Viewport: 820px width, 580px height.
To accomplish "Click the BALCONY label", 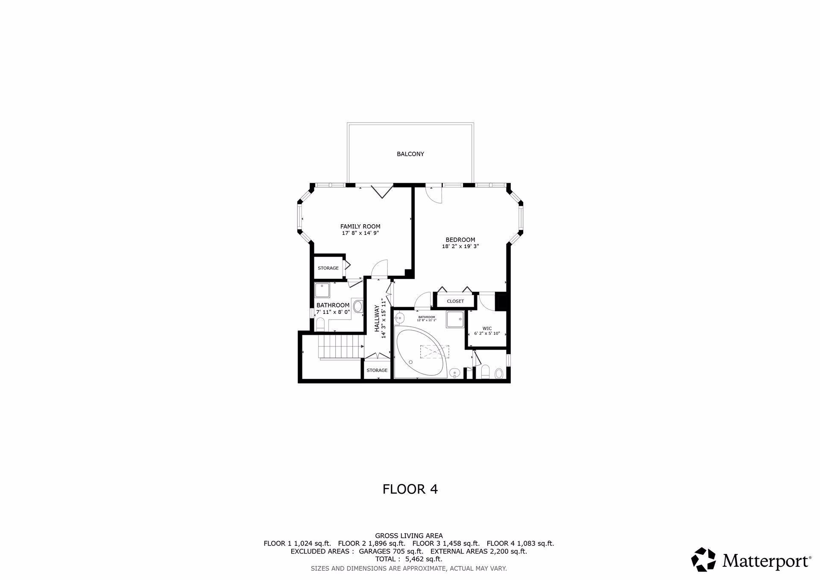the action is point(410,154).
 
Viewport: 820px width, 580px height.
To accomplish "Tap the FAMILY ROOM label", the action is point(360,226).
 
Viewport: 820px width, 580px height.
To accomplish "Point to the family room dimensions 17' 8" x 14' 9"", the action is point(360,233).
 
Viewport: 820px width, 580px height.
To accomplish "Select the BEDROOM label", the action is point(460,240).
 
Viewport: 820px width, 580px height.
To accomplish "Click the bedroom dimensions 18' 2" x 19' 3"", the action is point(460,246).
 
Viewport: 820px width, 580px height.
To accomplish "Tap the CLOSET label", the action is point(455,301).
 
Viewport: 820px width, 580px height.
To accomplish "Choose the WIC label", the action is point(487,328).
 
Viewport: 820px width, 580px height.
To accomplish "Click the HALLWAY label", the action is point(377,318).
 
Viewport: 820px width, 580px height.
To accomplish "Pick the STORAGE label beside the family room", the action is point(328,268).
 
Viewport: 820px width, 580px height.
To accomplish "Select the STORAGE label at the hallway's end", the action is point(377,370).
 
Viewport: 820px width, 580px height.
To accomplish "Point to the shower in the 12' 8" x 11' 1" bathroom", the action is point(455,319).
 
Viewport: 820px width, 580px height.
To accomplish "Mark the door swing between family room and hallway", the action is point(379,269).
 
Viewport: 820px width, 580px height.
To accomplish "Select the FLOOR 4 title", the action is point(410,489).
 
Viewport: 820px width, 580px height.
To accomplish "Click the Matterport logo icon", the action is point(703,559).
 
